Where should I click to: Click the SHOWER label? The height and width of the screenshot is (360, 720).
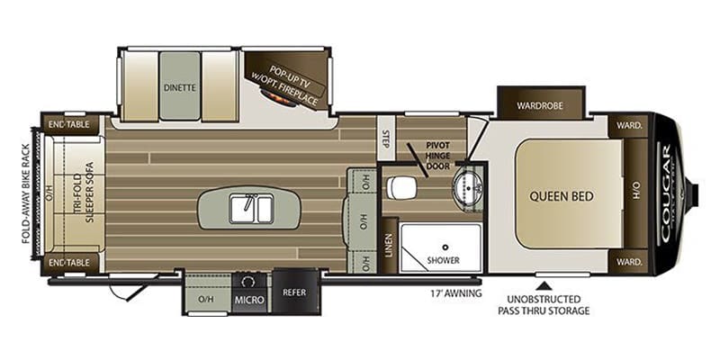(444, 259)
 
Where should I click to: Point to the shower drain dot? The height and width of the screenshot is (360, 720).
(444, 244)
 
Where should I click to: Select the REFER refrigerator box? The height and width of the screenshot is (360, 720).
(294, 292)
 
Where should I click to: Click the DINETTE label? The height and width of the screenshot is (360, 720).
(181, 88)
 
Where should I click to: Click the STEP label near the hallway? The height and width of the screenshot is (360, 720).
(385, 139)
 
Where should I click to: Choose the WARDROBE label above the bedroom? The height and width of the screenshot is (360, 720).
(540, 105)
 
